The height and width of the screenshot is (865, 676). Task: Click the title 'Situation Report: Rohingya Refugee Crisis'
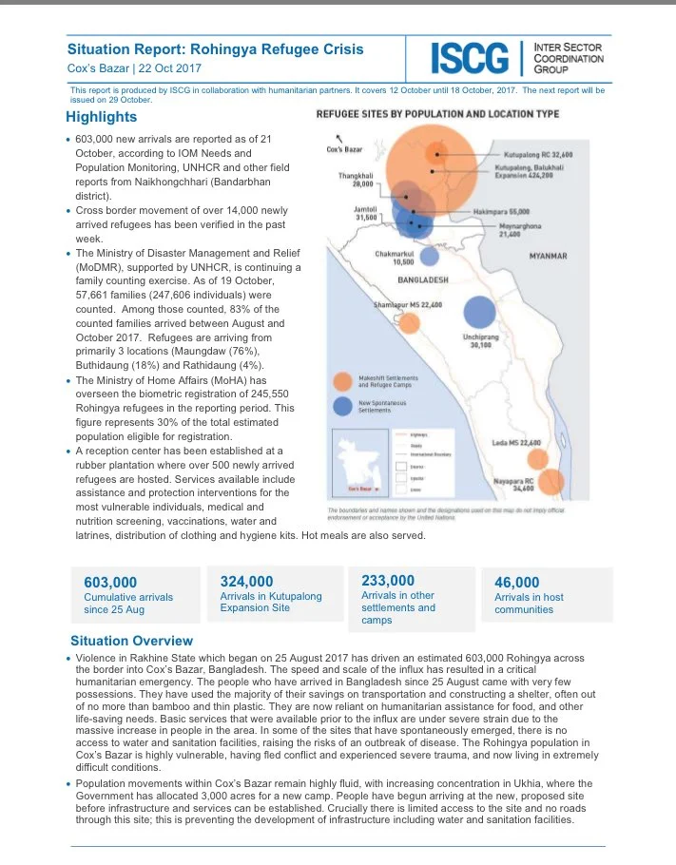[x=215, y=48]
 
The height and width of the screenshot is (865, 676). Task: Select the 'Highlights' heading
[x=102, y=117]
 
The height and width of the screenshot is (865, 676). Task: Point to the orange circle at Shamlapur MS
[x=410, y=324]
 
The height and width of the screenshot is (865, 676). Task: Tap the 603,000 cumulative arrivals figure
[x=110, y=583]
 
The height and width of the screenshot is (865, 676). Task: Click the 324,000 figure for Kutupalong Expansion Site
[x=246, y=582]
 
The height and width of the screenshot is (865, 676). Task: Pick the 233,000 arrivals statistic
[x=388, y=581]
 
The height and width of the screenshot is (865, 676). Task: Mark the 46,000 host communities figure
[x=517, y=583]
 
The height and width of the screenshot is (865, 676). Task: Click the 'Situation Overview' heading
[x=131, y=642]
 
